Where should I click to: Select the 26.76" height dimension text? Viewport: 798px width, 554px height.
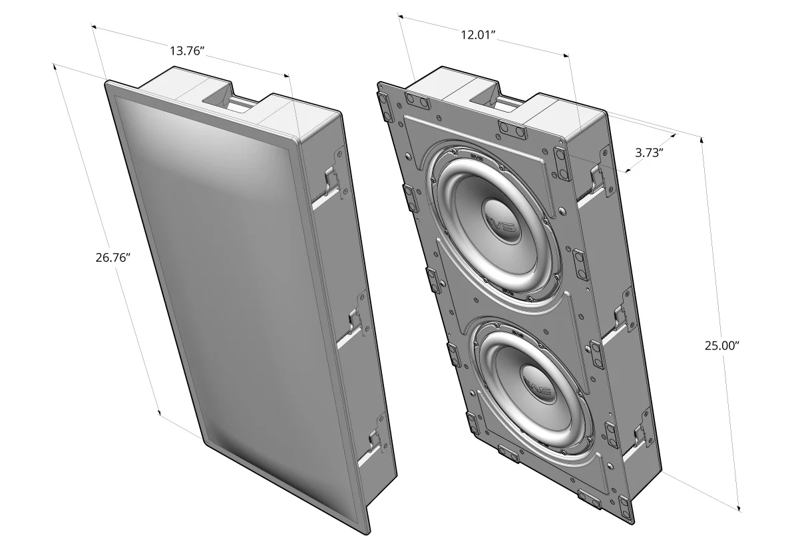pos(112,257)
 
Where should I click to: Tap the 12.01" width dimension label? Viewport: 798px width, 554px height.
pos(479,35)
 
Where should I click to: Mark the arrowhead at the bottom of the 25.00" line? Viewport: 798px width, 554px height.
pos(739,509)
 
